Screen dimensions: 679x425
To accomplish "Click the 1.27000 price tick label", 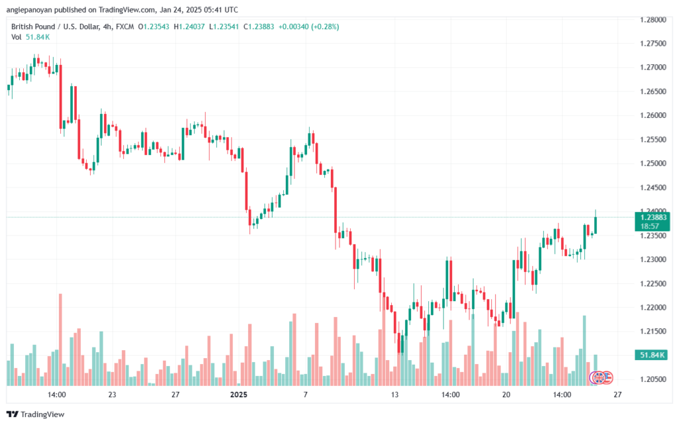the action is [x=653, y=68].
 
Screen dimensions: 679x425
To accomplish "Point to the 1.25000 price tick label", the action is [x=653, y=164].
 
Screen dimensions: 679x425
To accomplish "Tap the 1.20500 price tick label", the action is [x=653, y=379].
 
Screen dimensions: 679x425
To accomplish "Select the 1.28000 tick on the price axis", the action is [x=653, y=20].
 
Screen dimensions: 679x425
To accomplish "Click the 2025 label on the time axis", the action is [x=239, y=395].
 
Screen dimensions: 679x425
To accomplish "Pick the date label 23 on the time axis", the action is [x=112, y=395].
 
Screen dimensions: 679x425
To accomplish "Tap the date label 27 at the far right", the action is [x=617, y=395].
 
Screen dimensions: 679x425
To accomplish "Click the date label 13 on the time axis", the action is [x=395, y=395].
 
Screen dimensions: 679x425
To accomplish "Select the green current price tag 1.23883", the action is [x=652, y=221].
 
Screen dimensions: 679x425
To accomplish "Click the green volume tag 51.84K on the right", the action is [x=652, y=355].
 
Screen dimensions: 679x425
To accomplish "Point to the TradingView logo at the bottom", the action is [x=36, y=414].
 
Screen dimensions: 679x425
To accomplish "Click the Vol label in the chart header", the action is [x=16, y=37].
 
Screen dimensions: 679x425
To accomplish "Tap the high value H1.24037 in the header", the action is [x=189, y=27].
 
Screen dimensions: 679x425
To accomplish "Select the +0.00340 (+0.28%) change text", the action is [x=309, y=27].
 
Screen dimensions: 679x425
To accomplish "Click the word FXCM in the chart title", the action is [x=125, y=27].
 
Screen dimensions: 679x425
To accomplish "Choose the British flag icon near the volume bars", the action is [x=598, y=378].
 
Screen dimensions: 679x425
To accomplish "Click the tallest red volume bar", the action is [x=60, y=339].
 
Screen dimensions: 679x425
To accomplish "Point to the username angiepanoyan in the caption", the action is [x=29, y=10].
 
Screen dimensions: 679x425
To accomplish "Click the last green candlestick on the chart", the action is [x=596, y=224].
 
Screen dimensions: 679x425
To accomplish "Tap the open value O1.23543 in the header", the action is [x=154, y=27].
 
